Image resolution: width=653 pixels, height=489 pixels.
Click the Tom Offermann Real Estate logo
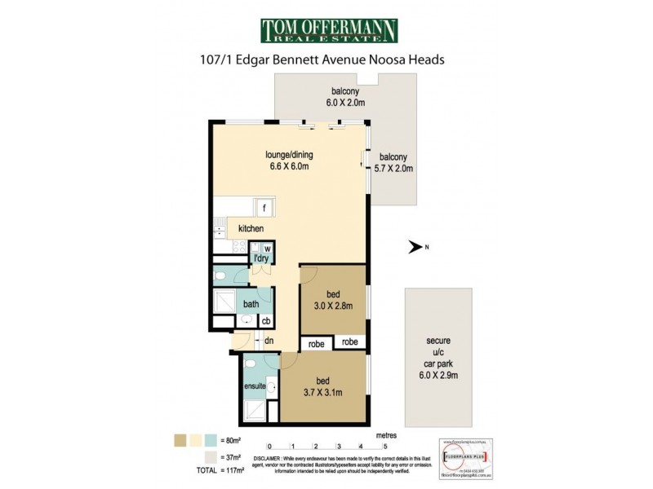click(328, 31)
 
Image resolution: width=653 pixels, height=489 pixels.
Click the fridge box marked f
click(264, 207)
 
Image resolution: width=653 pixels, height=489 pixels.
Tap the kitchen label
click(251, 229)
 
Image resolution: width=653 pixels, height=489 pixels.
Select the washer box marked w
click(267, 248)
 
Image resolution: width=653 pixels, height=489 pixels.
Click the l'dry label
click(261, 259)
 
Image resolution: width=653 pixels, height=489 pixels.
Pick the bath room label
click(251, 303)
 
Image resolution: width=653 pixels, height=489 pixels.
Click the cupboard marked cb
click(266, 320)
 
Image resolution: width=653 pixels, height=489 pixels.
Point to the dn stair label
click(268, 341)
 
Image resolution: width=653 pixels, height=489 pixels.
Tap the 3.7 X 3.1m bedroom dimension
click(323, 394)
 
